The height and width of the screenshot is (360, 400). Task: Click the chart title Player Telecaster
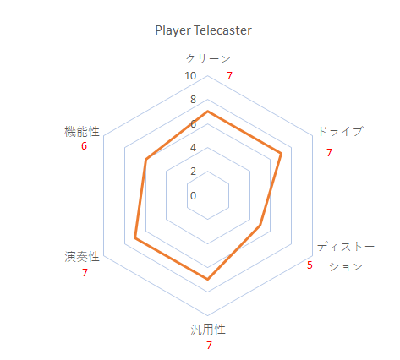[x=203, y=30]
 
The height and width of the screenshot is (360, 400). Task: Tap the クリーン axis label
[x=208, y=58]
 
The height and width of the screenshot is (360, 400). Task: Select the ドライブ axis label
[x=341, y=131]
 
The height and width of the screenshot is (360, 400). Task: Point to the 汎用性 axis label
[x=208, y=330]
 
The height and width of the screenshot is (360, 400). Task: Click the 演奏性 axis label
[x=82, y=257]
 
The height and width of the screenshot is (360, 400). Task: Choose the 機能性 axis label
[x=82, y=132]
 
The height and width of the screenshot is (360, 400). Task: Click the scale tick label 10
[x=190, y=76]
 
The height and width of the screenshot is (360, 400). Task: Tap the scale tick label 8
[x=193, y=100]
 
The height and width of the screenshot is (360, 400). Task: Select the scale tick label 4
[x=193, y=147]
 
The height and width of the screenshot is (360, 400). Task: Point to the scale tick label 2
[x=193, y=172]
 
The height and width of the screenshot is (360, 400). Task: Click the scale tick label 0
[x=193, y=195]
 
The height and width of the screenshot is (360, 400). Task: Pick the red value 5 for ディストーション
[x=310, y=265]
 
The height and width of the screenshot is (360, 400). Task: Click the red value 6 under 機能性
[x=84, y=146]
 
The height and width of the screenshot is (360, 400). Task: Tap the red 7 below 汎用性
[x=209, y=346]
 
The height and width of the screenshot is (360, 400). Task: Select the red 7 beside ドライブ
[x=329, y=153]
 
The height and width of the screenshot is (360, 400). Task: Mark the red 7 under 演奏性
[x=85, y=273]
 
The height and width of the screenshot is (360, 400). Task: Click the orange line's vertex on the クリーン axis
[x=208, y=112]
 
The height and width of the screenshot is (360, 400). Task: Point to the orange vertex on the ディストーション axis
[x=260, y=226]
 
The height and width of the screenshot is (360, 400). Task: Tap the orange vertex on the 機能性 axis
[x=145, y=160]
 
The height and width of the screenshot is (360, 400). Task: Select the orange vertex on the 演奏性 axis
[x=135, y=237]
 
